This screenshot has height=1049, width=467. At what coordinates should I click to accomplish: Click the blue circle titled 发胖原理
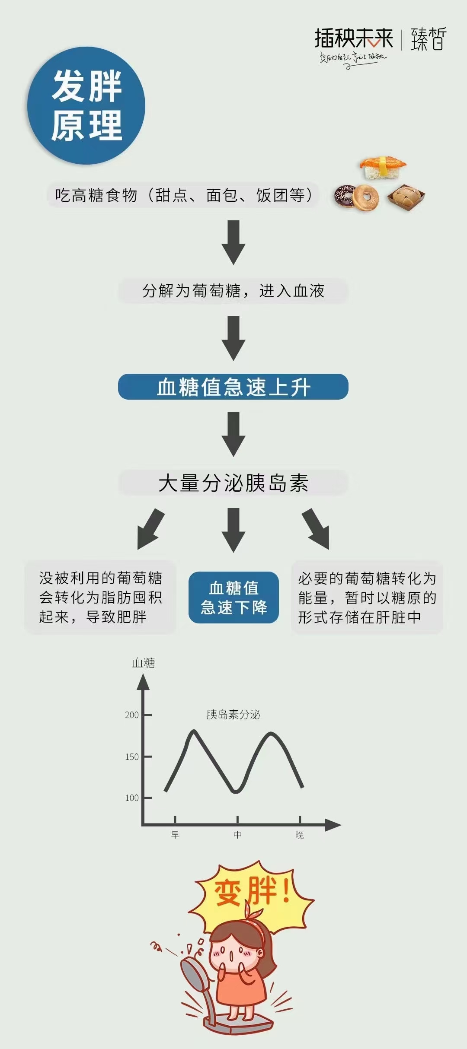pos(86,105)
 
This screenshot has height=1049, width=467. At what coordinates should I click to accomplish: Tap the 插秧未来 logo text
pos(354,38)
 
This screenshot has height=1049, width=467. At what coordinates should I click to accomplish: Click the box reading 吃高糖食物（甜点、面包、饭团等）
pos(183,195)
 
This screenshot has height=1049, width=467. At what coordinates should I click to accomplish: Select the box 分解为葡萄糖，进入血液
pos(233,291)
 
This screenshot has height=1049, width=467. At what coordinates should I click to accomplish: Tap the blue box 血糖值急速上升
pos(233,387)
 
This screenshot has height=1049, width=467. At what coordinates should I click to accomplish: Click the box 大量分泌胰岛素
pos(233,483)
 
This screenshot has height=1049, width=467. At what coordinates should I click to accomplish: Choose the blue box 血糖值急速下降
pos(233,598)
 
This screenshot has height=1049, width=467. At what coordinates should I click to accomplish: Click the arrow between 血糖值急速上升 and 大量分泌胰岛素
pos(233,434)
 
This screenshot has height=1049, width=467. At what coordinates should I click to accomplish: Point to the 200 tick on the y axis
pos(147,715)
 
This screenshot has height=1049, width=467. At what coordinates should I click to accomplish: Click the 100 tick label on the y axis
pos(132,798)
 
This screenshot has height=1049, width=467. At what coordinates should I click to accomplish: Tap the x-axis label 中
pos(238,835)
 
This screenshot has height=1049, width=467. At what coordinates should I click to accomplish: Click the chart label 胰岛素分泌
pos(233,715)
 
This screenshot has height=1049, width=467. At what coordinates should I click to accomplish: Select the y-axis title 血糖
pos(144,663)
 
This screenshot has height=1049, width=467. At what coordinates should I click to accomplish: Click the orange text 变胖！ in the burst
pos(252,892)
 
